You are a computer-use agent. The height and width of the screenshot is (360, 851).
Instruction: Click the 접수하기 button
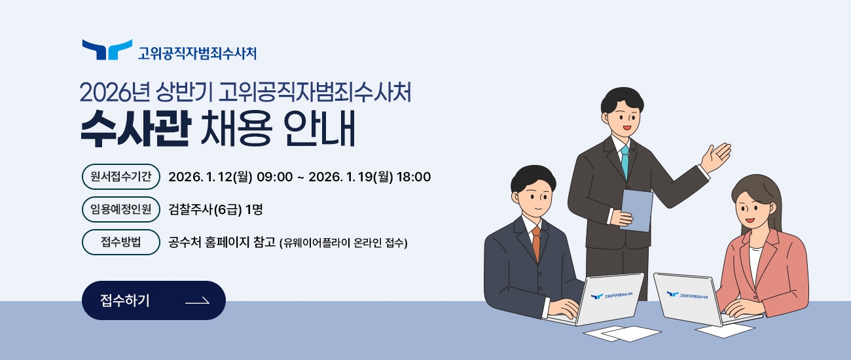[153, 300]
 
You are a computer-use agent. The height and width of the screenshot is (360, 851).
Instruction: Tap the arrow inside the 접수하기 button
[197, 301]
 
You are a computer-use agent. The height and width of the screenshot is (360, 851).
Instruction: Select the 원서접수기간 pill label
[121, 177]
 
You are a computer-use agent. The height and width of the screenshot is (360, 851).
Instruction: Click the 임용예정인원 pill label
[121, 209]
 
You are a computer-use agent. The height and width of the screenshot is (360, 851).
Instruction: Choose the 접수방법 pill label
[121, 242]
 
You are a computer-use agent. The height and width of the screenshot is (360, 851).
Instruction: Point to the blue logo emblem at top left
[107, 50]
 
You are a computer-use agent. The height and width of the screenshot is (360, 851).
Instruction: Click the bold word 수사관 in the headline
[135, 130]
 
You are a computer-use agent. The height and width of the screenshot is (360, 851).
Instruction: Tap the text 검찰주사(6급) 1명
[215, 209]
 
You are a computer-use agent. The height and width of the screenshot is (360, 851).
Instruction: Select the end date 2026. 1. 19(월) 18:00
[369, 177]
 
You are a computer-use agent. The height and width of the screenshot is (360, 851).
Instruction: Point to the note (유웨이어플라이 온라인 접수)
[344, 243]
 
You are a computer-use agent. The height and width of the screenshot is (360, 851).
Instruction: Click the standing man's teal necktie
[625, 161]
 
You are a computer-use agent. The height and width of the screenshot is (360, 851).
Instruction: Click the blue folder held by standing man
[636, 209]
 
